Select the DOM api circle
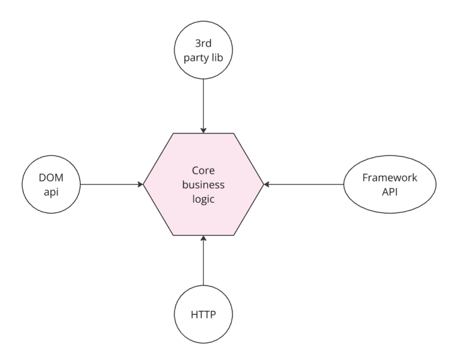[x=51, y=184]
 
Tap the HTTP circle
[x=204, y=314]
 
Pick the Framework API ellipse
[x=381, y=184]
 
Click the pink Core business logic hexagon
[x=204, y=184]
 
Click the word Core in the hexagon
[x=204, y=171]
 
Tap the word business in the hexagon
[x=204, y=184]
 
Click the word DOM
[x=51, y=177]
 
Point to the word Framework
[x=381, y=177]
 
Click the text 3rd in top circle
[x=204, y=42]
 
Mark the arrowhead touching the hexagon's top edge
[x=204, y=130]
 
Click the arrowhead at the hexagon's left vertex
[x=140, y=184]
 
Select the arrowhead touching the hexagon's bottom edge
[x=204, y=239]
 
